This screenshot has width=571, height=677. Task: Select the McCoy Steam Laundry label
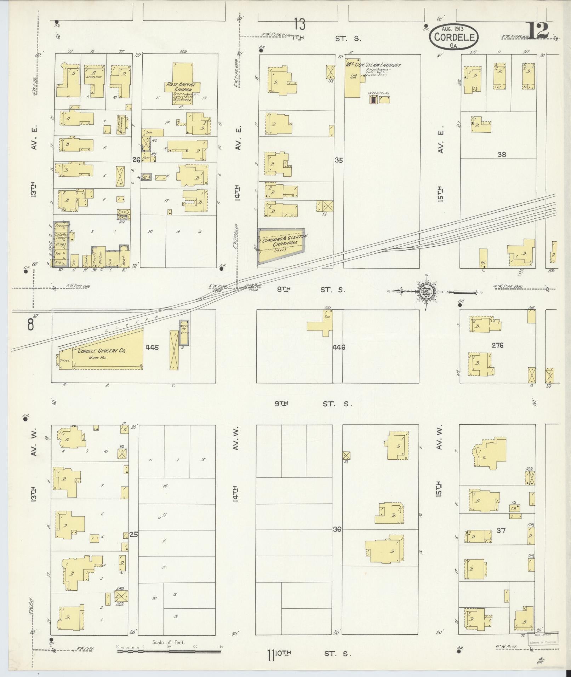tap(373, 65)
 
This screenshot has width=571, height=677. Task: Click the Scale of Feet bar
tap(169, 650)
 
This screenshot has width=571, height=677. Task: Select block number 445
tap(152, 347)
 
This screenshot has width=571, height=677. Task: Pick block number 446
tap(339, 347)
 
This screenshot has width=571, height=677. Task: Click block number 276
tap(497, 345)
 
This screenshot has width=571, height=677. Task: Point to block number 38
tap(502, 154)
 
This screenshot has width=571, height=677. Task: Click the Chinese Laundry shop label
tap(61, 236)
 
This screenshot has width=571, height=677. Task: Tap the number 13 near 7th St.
tap(299, 24)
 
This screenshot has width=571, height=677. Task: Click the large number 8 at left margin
tap(31, 324)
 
